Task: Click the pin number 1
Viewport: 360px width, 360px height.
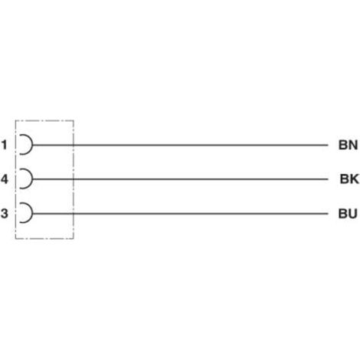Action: (4, 145)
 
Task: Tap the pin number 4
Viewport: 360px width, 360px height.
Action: (5, 179)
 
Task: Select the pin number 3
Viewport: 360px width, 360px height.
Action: (4, 214)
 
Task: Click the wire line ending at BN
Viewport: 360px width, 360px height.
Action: (180, 145)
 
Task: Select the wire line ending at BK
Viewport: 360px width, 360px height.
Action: (180, 179)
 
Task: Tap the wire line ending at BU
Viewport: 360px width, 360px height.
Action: (180, 214)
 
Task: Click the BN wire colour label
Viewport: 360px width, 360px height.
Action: (348, 145)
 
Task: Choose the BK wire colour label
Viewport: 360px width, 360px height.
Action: (349, 179)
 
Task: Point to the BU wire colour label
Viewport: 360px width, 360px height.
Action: (348, 214)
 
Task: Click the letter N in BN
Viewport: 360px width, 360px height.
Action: (353, 145)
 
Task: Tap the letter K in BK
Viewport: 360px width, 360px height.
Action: (355, 179)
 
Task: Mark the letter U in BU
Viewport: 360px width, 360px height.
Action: (353, 214)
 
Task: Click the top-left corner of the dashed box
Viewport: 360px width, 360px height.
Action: (15, 120)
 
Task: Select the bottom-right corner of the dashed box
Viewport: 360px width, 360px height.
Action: (74, 239)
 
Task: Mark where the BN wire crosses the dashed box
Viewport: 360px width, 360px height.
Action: (74, 145)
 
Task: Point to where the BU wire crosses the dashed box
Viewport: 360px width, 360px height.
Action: (74, 214)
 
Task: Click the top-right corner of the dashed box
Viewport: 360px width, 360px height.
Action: (74, 120)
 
